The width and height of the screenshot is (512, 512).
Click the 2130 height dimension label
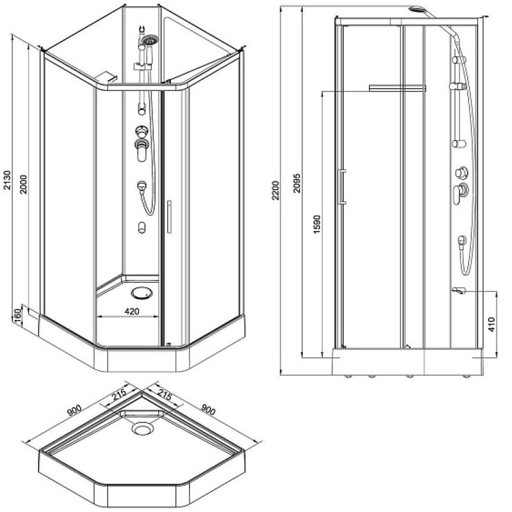(x=7, y=179)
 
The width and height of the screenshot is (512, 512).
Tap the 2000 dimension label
(x=24, y=184)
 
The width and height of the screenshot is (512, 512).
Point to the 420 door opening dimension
(x=132, y=312)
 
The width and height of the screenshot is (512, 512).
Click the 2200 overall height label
(x=276, y=190)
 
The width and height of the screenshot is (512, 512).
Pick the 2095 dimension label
(x=297, y=183)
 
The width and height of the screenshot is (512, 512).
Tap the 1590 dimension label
(x=317, y=225)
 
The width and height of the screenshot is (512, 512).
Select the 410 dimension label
(x=492, y=324)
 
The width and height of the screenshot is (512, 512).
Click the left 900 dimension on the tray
(x=74, y=410)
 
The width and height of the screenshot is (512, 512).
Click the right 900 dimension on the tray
(x=209, y=409)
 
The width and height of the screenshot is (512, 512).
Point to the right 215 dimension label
(x=164, y=395)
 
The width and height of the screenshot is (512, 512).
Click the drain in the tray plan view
(x=142, y=428)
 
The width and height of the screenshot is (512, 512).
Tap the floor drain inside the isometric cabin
(x=141, y=293)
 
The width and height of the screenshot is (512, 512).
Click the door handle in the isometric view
(x=169, y=217)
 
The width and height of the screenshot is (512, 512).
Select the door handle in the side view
(x=342, y=187)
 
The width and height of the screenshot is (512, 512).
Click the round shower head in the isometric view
(x=150, y=40)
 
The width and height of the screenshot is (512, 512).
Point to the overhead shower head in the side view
(x=417, y=9)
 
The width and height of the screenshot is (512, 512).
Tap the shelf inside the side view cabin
(x=397, y=88)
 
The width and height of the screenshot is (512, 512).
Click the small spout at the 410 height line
(x=458, y=290)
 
